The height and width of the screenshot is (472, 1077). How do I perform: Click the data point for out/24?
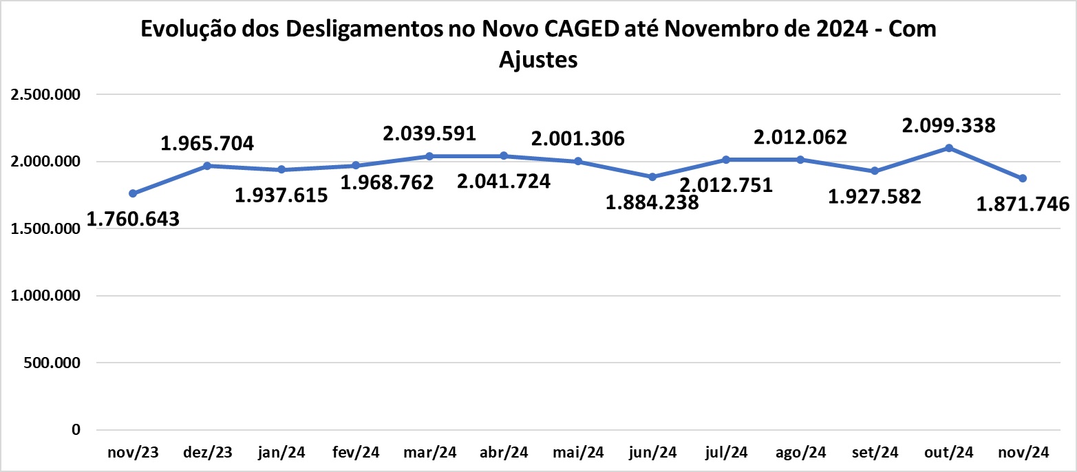pyautogui.click(x=949, y=148)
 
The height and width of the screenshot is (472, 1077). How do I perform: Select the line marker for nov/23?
pyautogui.click(x=133, y=193)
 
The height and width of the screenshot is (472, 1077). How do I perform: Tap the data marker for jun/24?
pyautogui.click(x=652, y=177)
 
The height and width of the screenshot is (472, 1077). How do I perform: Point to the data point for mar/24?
pyautogui.click(x=429, y=156)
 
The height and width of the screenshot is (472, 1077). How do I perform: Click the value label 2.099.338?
pyautogui.click(x=949, y=125)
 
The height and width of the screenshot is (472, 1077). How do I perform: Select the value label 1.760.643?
pyautogui.click(x=133, y=219)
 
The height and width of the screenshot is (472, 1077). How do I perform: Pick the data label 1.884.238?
pyautogui.click(x=652, y=202)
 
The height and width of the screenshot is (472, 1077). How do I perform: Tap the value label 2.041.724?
pyautogui.click(x=504, y=182)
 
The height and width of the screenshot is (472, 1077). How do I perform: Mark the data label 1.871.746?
pyautogui.click(x=1023, y=204)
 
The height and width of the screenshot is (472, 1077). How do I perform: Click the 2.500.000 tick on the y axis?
pyautogui.click(x=46, y=94)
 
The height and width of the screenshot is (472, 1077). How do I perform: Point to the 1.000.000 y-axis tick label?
pyautogui.click(x=46, y=296)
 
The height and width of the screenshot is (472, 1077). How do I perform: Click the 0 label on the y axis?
pyautogui.click(x=76, y=430)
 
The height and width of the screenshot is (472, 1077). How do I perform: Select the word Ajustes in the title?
pyautogui.click(x=538, y=60)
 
